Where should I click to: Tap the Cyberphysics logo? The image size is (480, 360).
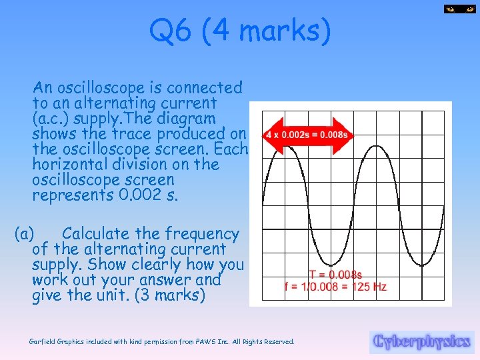pos(421,341)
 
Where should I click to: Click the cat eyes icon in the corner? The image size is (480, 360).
pos(459,9)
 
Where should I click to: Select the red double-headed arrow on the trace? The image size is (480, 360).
pos(307,134)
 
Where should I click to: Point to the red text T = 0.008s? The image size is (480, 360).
pos(335,274)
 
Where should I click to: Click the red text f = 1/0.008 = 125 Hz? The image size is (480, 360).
pos(335,287)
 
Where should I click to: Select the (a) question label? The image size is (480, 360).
pos(25,234)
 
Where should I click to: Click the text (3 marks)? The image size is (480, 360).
pos(170,295)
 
